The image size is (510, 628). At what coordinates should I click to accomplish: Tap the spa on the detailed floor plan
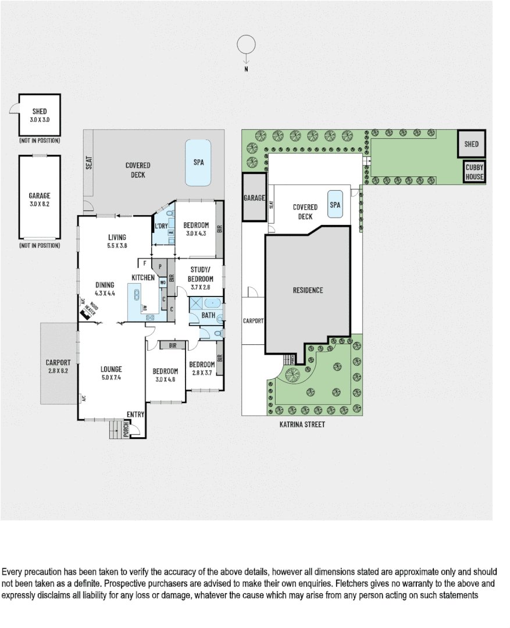[198, 162]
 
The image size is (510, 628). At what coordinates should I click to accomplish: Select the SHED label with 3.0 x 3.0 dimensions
[39, 115]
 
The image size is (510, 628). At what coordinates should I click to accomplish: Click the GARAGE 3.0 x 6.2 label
[39, 200]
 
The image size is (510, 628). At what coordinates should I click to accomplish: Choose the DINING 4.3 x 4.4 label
[105, 289]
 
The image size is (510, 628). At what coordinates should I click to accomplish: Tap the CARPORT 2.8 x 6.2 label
[58, 366]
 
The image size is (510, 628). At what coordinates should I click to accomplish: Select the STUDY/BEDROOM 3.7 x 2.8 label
[198, 274]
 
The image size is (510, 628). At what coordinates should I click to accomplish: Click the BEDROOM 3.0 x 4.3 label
[196, 229]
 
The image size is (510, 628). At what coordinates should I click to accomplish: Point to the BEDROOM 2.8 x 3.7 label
[201, 368]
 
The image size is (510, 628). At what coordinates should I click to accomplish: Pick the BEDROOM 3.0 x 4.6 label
[165, 375]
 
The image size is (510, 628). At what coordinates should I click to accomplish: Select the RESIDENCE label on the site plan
[308, 290]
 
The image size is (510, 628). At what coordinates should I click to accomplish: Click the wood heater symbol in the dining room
[89, 313]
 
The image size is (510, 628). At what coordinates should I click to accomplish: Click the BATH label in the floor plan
[208, 316]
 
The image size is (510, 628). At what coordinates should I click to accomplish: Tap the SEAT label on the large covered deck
[89, 162]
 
